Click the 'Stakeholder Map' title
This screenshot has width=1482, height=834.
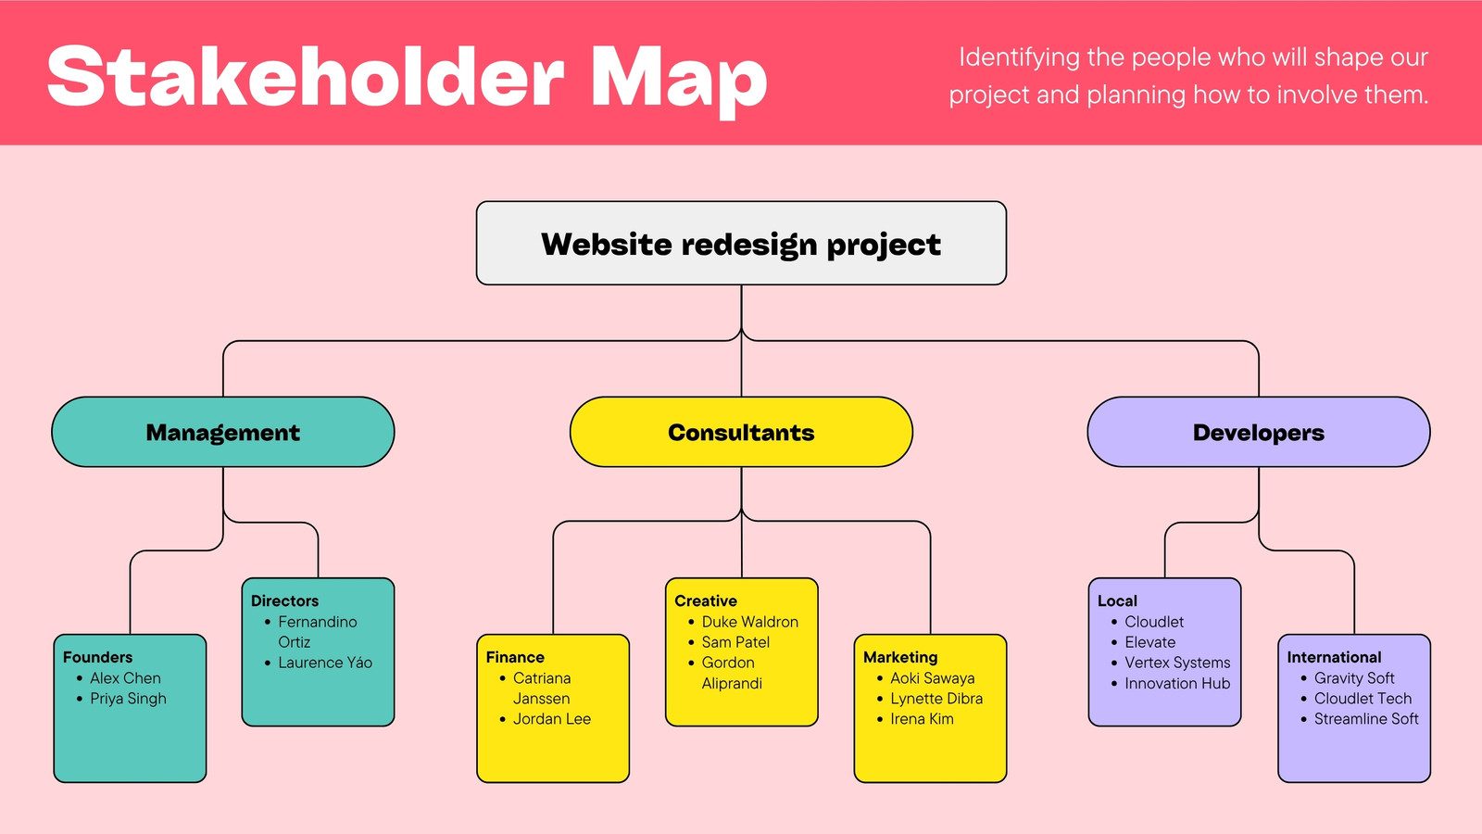click(407, 78)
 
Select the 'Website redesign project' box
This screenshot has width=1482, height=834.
click(741, 243)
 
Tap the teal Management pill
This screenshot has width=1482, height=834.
click(223, 432)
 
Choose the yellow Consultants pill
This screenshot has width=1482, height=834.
click(741, 432)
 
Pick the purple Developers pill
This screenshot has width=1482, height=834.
click(1259, 432)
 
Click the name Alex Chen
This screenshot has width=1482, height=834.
click(125, 677)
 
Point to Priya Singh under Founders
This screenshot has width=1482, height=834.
click(129, 699)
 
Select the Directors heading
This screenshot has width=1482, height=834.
click(284, 600)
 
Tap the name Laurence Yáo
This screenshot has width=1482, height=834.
click(325, 662)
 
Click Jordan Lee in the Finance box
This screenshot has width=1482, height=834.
click(552, 719)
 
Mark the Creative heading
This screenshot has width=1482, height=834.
click(705, 600)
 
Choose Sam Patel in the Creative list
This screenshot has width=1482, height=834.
click(735, 642)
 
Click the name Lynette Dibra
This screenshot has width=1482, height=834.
click(936, 699)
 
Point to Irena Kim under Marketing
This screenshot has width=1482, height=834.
click(922, 719)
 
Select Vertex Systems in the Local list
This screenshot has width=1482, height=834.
click(1177, 663)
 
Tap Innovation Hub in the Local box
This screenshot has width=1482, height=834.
click(1177, 683)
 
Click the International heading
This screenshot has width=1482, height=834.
click(1334, 657)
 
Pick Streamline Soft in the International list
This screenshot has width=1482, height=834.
click(1366, 719)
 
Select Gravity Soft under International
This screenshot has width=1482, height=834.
click(1353, 677)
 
